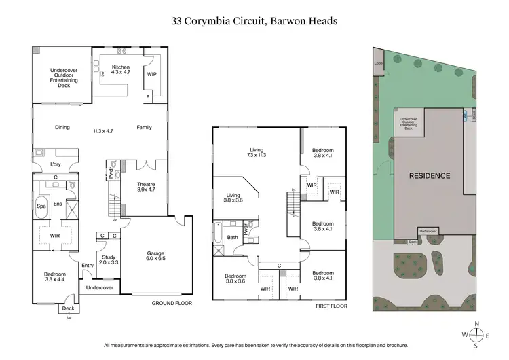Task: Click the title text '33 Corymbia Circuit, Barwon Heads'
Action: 254,21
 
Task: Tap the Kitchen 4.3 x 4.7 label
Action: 120,70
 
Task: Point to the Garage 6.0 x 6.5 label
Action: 155,257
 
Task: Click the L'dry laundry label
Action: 56,165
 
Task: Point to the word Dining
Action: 62,127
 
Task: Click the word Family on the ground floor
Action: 144,127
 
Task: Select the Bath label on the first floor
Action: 233,237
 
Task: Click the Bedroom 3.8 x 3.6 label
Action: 236,278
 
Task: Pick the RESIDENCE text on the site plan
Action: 429,176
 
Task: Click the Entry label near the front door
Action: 88,266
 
